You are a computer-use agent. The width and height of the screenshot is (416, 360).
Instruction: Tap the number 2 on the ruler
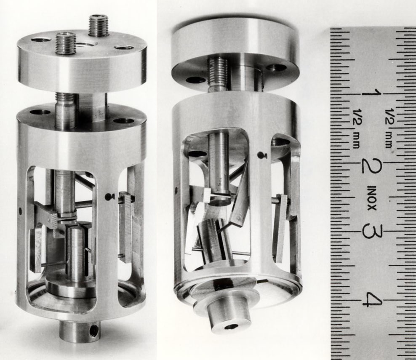[x=372, y=167]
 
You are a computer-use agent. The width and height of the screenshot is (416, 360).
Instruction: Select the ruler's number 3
[x=371, y=231]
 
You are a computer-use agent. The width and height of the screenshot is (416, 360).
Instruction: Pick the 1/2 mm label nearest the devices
[x=356, y=129]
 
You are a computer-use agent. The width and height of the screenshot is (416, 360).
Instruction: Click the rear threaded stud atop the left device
[x=99, y=26]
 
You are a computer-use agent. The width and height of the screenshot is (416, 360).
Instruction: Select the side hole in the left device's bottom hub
[x=93, y=329]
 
